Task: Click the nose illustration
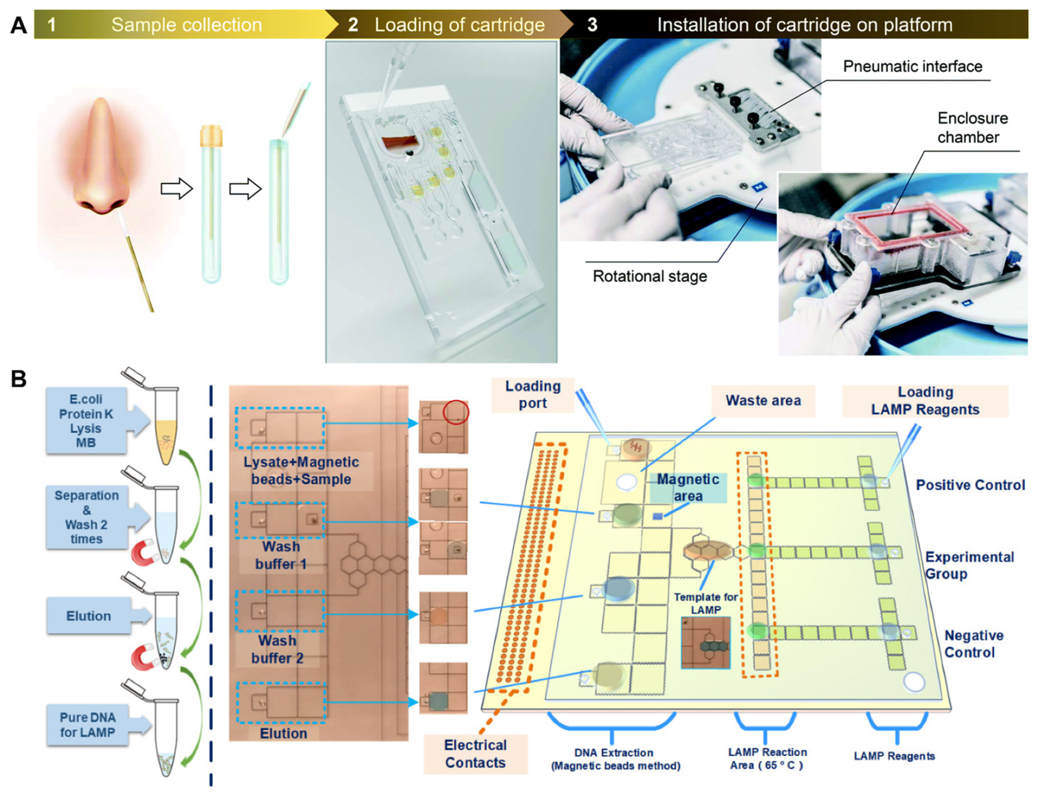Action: click(102, 157)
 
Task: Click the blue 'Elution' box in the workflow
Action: click(88, 616)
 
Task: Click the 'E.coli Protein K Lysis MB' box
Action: click(86, 420)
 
